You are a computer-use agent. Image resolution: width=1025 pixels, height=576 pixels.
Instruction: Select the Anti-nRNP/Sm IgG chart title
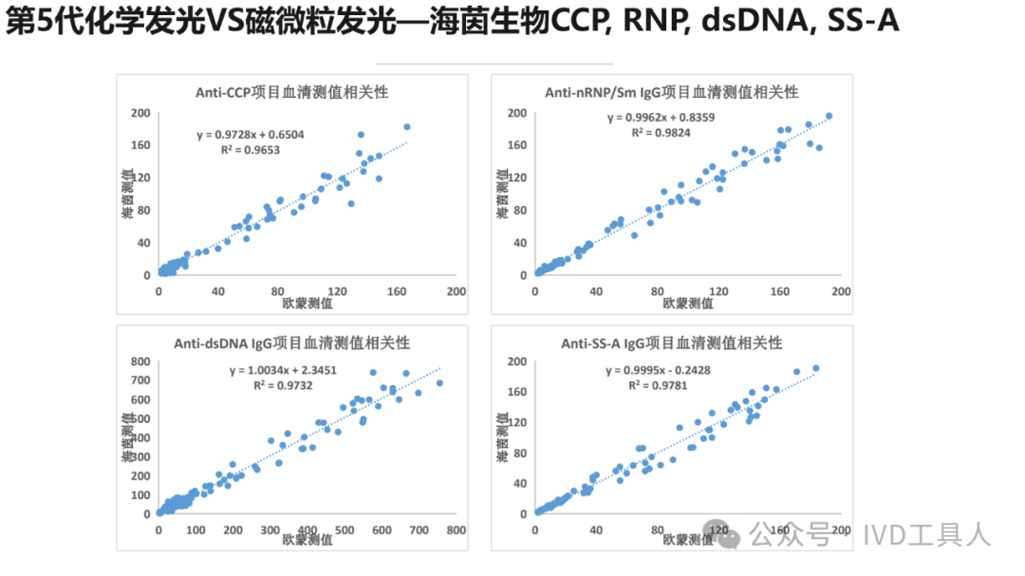pyautogui.click(x=671, y=92)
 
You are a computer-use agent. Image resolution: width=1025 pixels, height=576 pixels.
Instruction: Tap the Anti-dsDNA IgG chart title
pyautogui.click(x=291, y=343)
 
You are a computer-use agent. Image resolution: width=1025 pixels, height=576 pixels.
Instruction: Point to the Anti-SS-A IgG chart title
pyautogui.click(x=671, y=343)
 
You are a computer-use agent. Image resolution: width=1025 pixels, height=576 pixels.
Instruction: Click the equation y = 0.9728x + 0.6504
pyautogui.click(x=251, y=135)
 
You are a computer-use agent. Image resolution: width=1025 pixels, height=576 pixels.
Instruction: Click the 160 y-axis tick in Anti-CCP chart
pyautogui.click(x=140, y=145)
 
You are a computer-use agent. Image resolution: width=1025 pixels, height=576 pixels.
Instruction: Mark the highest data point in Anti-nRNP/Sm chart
pyautogui.click(x=829, y=116)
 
